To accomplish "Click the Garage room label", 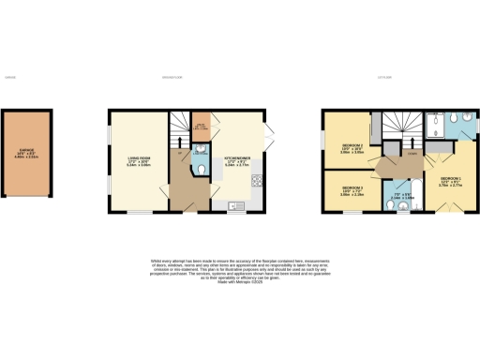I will [x=31, y=157].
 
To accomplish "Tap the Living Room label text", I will [x=139, y=159].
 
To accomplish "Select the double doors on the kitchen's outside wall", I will [x=268, y=131].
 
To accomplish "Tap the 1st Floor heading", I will [x=384, y=77].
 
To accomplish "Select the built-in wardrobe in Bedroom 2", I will [x=373, y=132].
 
